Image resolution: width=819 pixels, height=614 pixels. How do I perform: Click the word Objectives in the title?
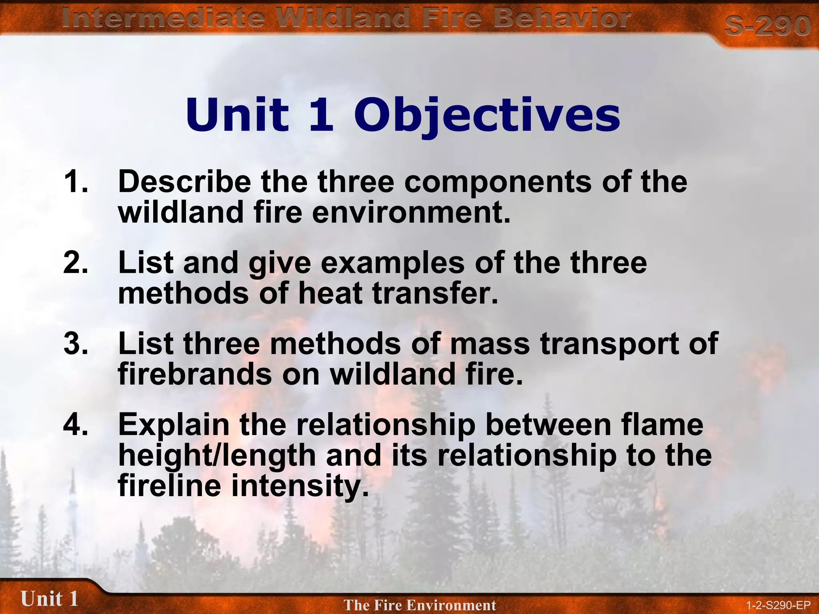pyautogui.click(x=487, y=116)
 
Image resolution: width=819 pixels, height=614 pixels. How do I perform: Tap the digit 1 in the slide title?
pyautogui.click(x=321, y=116)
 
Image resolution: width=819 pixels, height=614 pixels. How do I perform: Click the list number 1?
pyautogui.click(x=75, y=182)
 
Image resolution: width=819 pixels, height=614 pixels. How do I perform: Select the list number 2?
pyautogui.click(x=75, y=263)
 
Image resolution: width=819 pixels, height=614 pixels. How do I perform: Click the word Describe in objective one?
pyautogui.click(x=184, y=182)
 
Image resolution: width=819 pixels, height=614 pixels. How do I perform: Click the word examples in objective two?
pyautogui.click(x=392, y=263)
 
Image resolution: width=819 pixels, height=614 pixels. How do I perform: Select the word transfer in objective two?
pyautogui.click(x=435, y=293)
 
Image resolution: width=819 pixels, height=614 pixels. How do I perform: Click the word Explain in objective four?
pyautogui.click(x=174, y=425)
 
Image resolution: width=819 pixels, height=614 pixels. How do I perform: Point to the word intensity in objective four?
pyautogui.click(x=300, y=486)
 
